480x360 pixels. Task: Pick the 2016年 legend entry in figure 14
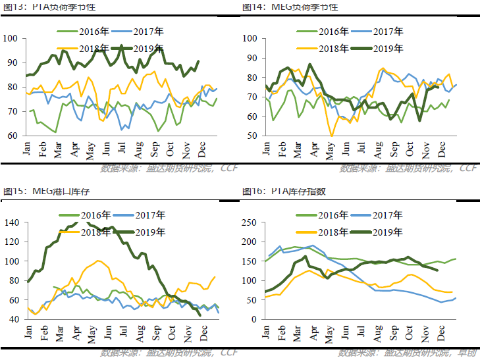click(333, 32)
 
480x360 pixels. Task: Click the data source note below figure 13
click(169, 169)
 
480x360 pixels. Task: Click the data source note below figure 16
click(408, 353)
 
